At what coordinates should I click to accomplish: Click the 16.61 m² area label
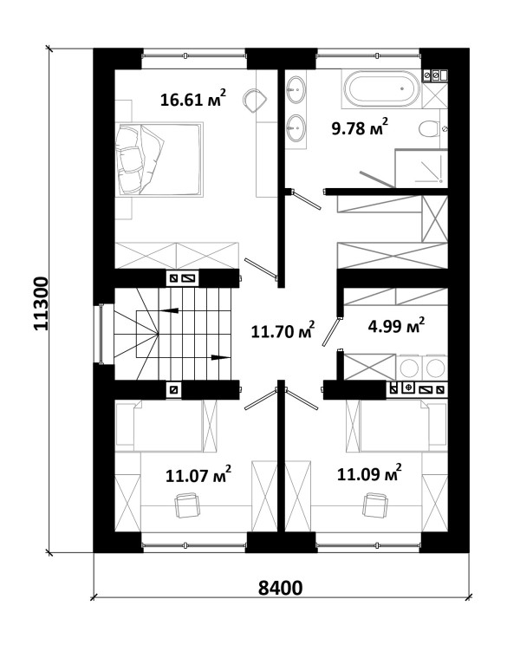coord(192,98)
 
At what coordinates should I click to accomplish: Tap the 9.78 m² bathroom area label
coord(360,127)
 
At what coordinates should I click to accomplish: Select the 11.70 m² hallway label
coord(283,329)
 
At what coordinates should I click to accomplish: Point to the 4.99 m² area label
coord(396,326)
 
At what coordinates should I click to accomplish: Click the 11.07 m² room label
coord(198,475)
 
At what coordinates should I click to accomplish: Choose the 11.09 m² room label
coord(369,472)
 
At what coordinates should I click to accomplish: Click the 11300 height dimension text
coord(41,303)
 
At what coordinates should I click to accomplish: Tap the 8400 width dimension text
coord(280,588)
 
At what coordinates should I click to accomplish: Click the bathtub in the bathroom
coord(382,88)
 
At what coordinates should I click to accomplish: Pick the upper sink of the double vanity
coord(296,88)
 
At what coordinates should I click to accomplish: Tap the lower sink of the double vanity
coord(296,127)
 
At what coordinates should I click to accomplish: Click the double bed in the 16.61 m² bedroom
coord(159,160)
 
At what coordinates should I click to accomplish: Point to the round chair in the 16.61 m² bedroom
coord(255,100)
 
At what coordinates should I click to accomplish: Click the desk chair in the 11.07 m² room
coord(187,505)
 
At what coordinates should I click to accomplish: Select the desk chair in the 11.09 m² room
coord(375,505)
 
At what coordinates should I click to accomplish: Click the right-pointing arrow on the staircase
coord(220,357)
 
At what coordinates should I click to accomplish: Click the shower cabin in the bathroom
coord(421,169)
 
